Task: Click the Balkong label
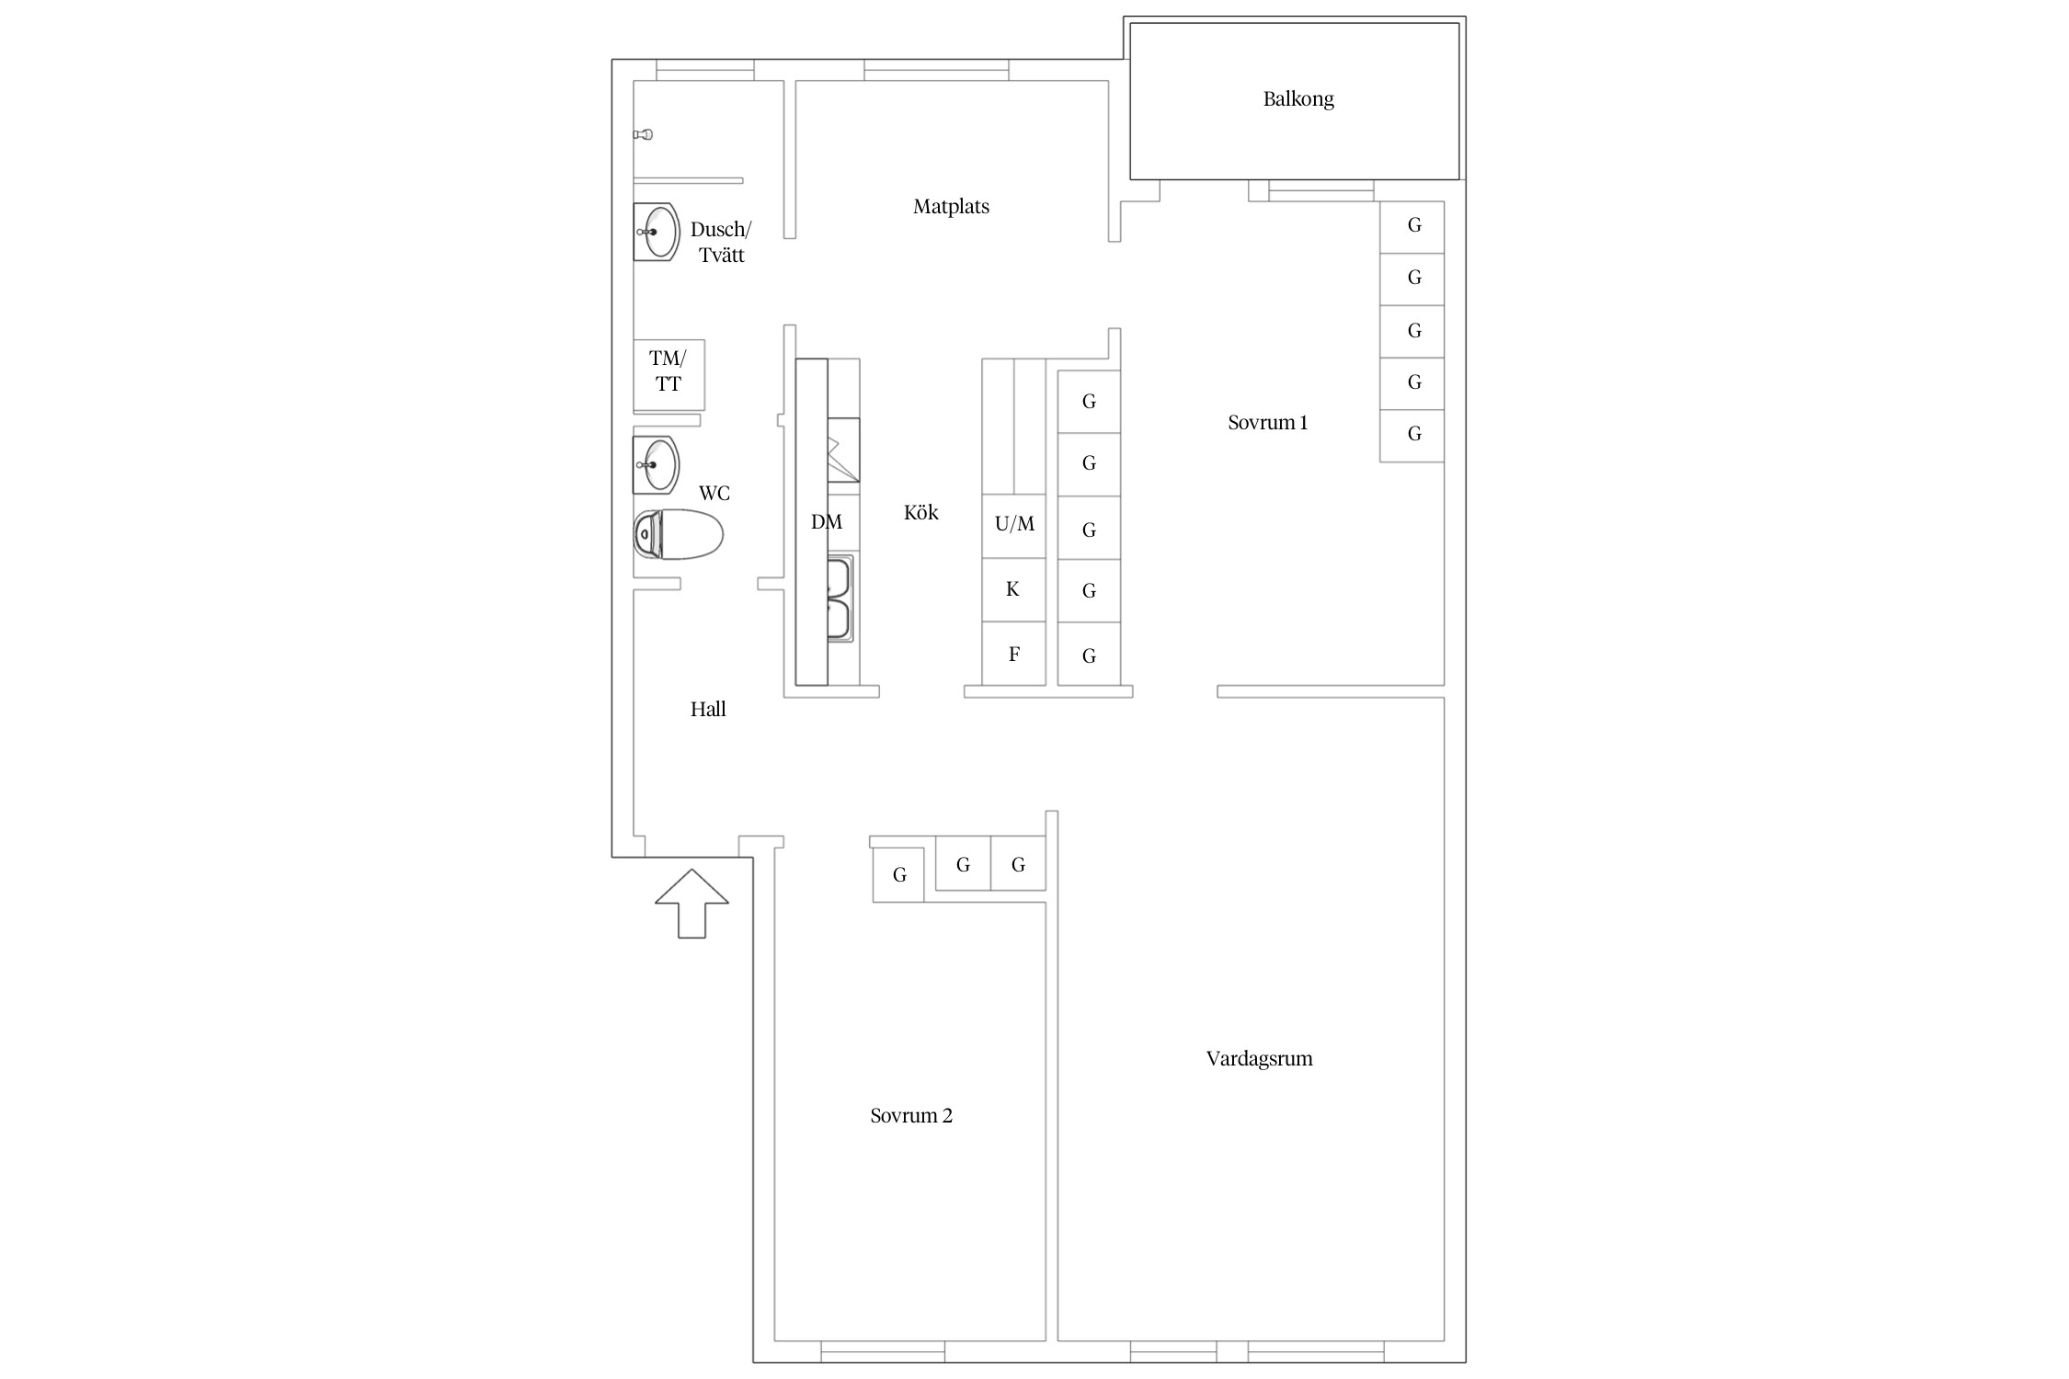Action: (1297, 99)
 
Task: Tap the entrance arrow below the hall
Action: (692, 903)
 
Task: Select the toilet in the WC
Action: (678, 534)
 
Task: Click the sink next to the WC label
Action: (656, 465)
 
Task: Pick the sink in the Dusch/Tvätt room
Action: (656, 232)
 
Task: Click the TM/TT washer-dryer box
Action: (669, 374)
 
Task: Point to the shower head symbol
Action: (643, 135)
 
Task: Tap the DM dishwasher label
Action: (827, 522)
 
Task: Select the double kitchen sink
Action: (840, 598)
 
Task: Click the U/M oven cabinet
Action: (1014, 526)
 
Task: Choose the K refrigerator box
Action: (1014, 589)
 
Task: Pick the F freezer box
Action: (1014, 654)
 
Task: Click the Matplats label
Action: (951, 207)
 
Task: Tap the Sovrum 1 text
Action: (1267, 423)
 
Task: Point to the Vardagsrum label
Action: (1259, 1059)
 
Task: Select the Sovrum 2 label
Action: (911, 1116)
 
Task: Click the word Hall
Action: (708, 710)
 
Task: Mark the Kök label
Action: (920, 513)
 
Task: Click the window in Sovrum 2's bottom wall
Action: (883, 1351)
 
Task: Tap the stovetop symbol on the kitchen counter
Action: (843, 450)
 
